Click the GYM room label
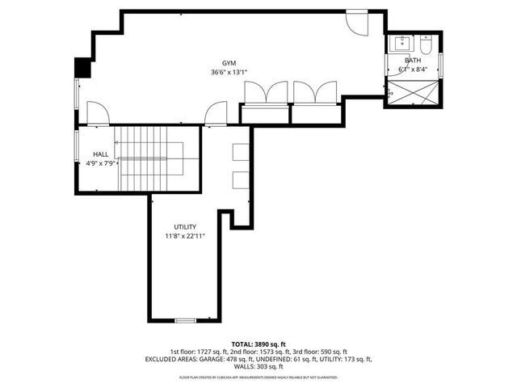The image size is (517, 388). [x=230, y=63]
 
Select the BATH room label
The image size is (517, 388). [x=413, y=61]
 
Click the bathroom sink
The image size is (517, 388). [x=399, y=44]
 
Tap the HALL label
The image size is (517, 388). [x=101, y=154]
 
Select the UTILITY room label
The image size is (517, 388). [x=186, y=227]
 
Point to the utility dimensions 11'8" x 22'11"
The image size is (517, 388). [x=186, y=237]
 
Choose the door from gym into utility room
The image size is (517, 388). [x=216, y=115]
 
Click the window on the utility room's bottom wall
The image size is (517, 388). [x=186, y=321]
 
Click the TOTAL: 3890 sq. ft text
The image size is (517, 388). [x=258, y=344]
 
